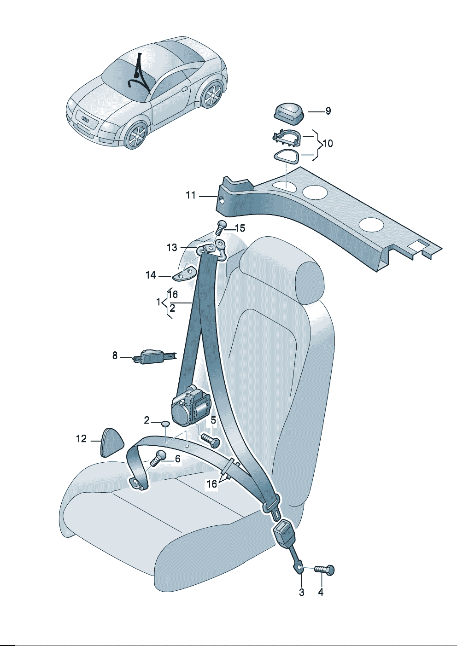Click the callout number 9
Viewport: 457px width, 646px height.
[328, 111]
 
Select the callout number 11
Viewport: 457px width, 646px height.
[191, 196]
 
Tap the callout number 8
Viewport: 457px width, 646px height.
[115, 356]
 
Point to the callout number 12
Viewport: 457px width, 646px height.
[81, 439]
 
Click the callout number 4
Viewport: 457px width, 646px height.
[321, 592]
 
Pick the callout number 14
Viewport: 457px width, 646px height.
[151, 275]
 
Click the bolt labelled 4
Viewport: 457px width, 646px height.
[325, 570]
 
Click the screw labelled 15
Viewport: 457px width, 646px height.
[221, 227]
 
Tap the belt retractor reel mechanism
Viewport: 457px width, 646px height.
[191, 405]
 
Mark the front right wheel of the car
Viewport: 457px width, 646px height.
[136, 135]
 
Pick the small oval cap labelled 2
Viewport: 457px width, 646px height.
[165, 424]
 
